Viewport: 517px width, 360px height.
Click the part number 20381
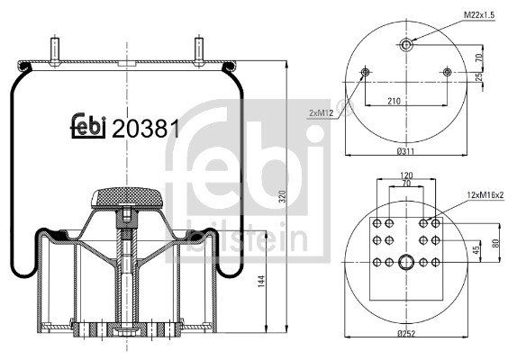pyautogui.click(x=146, y=129)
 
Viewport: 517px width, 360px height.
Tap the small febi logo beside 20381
pyautogui.click(x=88, y=125)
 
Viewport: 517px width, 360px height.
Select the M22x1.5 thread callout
pyautogui.click(x=479, y=15)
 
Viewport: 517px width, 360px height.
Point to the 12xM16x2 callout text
pyautogui.click(x=485, y=194)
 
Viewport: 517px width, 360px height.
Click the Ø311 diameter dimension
pyautogui.click(x=405, y=151)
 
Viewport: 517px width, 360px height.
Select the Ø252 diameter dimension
pyautogui.click(x=406, y=333)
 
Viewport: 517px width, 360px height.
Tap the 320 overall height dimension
pyautogui.click(x=282, y=196)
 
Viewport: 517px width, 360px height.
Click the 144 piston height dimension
pyautogui.click(x=261, y=282)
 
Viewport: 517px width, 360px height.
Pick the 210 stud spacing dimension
pyautogui.click(x=394, y=101)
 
